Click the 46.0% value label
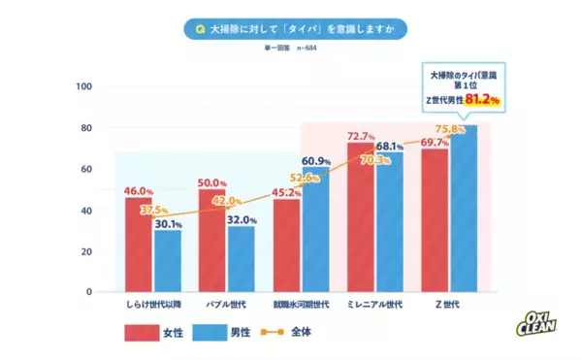click(139, 191)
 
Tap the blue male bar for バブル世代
click(242, 259)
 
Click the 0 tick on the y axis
click(89, 291)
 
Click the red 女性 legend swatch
click(145, 332)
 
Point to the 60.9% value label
click(316, 160)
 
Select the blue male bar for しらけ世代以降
click(168, 261)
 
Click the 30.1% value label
click(168, 224)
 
